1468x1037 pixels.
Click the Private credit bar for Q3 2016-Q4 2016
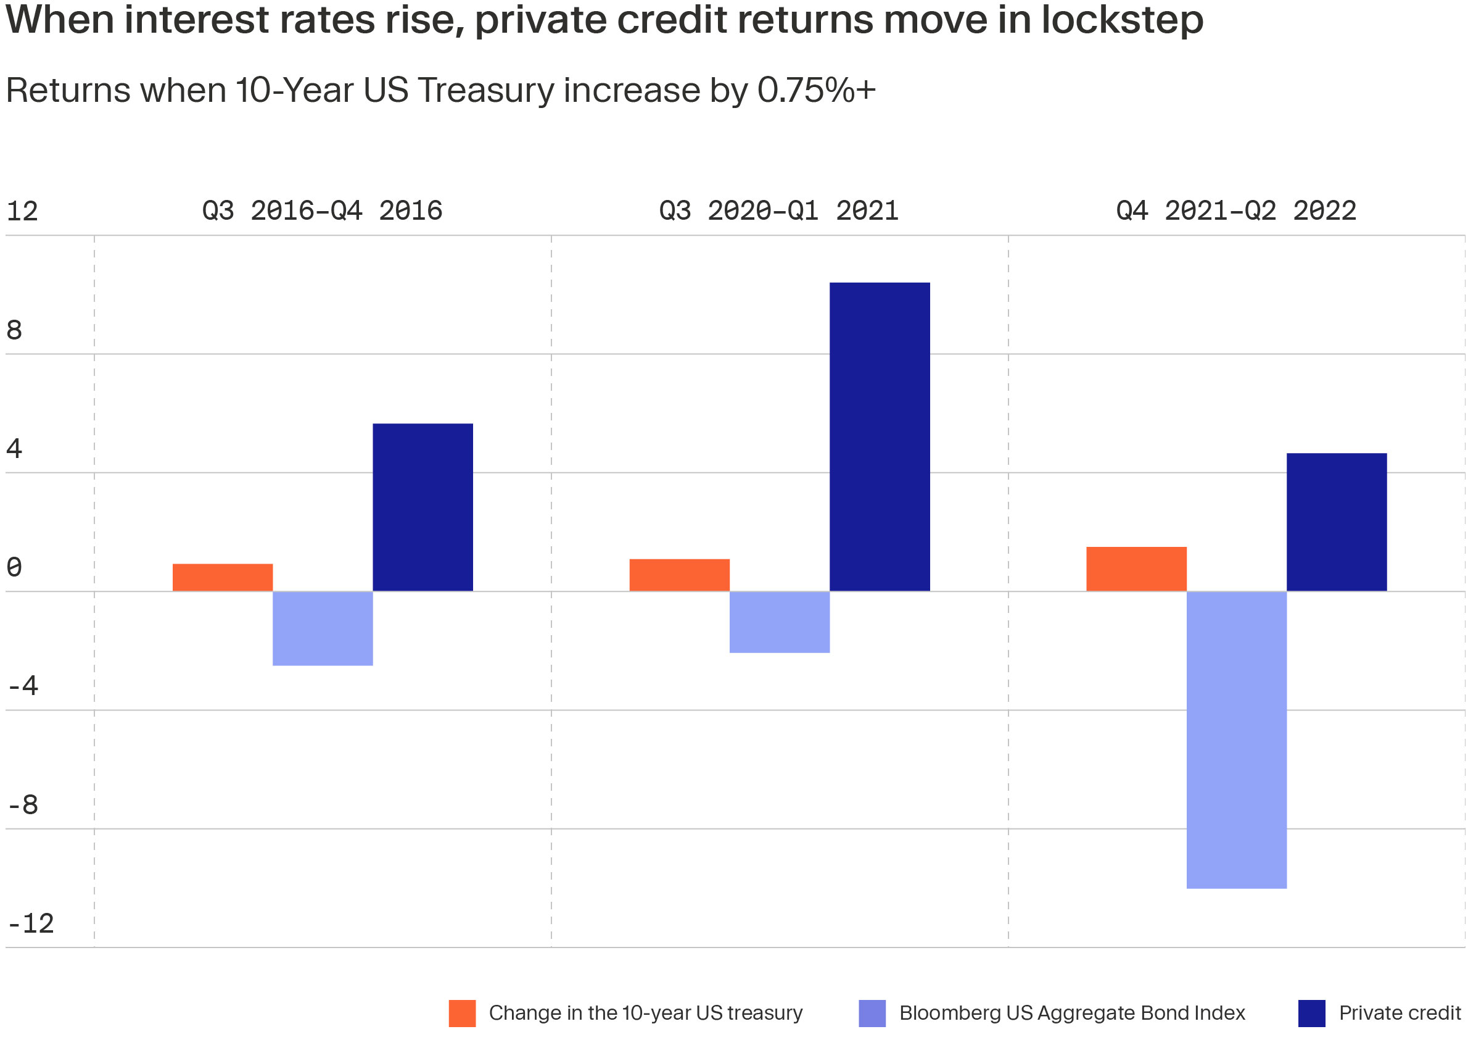[x=423, y=507]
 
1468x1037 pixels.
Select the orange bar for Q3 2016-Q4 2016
[x=223, y=578]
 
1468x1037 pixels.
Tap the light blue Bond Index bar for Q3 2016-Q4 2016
[x=323, y=628]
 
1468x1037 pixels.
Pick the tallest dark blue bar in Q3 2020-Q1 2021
[x=880, y=437]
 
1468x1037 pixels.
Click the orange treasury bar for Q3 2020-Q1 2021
[x=680, y=575]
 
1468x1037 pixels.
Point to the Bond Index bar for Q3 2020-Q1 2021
[x=780, y=622]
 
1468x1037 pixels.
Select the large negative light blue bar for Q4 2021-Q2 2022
[x=1237, y=739]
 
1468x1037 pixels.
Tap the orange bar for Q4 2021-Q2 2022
[x=1136, y=568]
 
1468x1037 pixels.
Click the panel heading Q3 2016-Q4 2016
[x=322, y=211]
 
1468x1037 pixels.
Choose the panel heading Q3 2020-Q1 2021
[x=779, y=211]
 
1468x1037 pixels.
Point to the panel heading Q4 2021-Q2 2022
[x=1236, y=211]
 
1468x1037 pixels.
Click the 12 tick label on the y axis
[x=22, y=211]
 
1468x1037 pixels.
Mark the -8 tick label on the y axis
[x=23, y=805]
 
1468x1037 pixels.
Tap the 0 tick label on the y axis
[x=14, y=567]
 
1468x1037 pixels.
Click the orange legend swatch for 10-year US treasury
[x=462, y=1014]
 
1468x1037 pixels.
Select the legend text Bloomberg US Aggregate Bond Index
[x=1072, y=1014]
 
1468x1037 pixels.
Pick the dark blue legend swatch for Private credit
[x=1312, y=1014]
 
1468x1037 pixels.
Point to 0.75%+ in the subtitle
[x=817, y=90]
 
